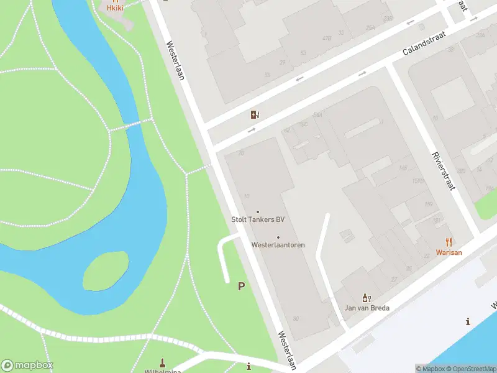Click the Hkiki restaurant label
[116, 8]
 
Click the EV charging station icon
[255, 114]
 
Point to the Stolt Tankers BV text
[258, 219]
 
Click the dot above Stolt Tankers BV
[258, 211]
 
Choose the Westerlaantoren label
[278, 245]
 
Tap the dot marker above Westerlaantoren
[278, 237]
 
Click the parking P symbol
[241, 286]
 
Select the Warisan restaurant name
[449, 253]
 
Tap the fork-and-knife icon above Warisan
[449, 242]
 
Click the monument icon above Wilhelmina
[163, 362]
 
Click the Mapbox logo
[27, 366]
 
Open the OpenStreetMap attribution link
[471, 369]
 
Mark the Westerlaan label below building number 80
[287, 350]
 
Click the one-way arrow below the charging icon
[252, 131]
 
